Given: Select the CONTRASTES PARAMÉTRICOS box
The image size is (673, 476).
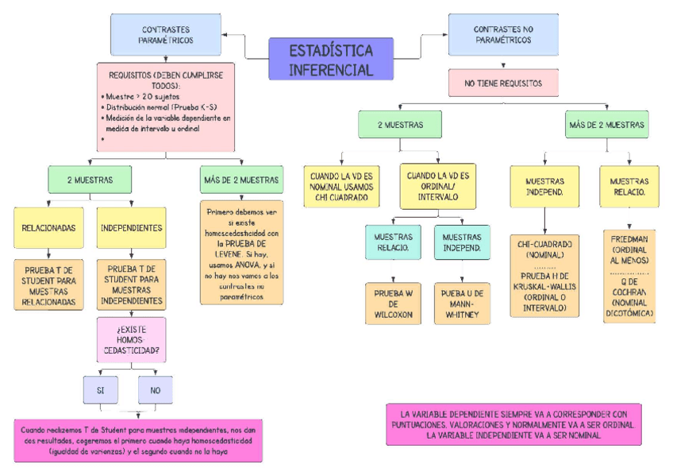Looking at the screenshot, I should [x=165, y=34].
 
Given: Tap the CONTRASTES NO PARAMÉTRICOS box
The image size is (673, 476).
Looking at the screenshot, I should [x=502, y=34].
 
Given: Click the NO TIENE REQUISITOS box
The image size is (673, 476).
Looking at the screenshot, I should [x=502, y=83].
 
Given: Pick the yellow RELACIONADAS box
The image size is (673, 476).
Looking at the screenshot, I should [x=48, y=227].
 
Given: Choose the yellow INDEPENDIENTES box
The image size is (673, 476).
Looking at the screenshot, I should [x=131, y=227].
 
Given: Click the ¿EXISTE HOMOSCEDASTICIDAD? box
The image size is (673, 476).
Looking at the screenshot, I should [x=131, y=339].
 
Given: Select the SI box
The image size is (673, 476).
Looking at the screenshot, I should [x=101, y=389].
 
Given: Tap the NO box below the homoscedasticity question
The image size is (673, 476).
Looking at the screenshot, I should [x=155, y=389].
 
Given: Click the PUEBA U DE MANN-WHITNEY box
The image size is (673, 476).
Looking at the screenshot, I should [x=462, y=304].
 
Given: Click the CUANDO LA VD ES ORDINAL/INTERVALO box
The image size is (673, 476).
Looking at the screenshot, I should [x=438, y=186].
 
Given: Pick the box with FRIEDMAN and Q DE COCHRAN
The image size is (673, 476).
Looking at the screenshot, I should [x=629, y=277].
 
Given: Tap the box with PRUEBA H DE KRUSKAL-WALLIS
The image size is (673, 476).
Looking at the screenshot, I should [x=544, y=275].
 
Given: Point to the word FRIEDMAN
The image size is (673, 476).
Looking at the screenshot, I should [x=629, y=238].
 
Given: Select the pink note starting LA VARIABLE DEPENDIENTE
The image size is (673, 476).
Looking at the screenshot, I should [x=513, y=424].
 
